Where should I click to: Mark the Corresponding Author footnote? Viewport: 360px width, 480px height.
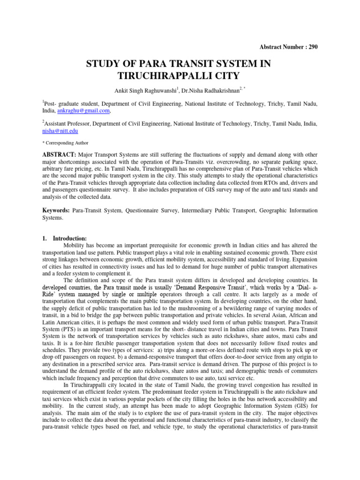pyautogui.click(x=65, y=142)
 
